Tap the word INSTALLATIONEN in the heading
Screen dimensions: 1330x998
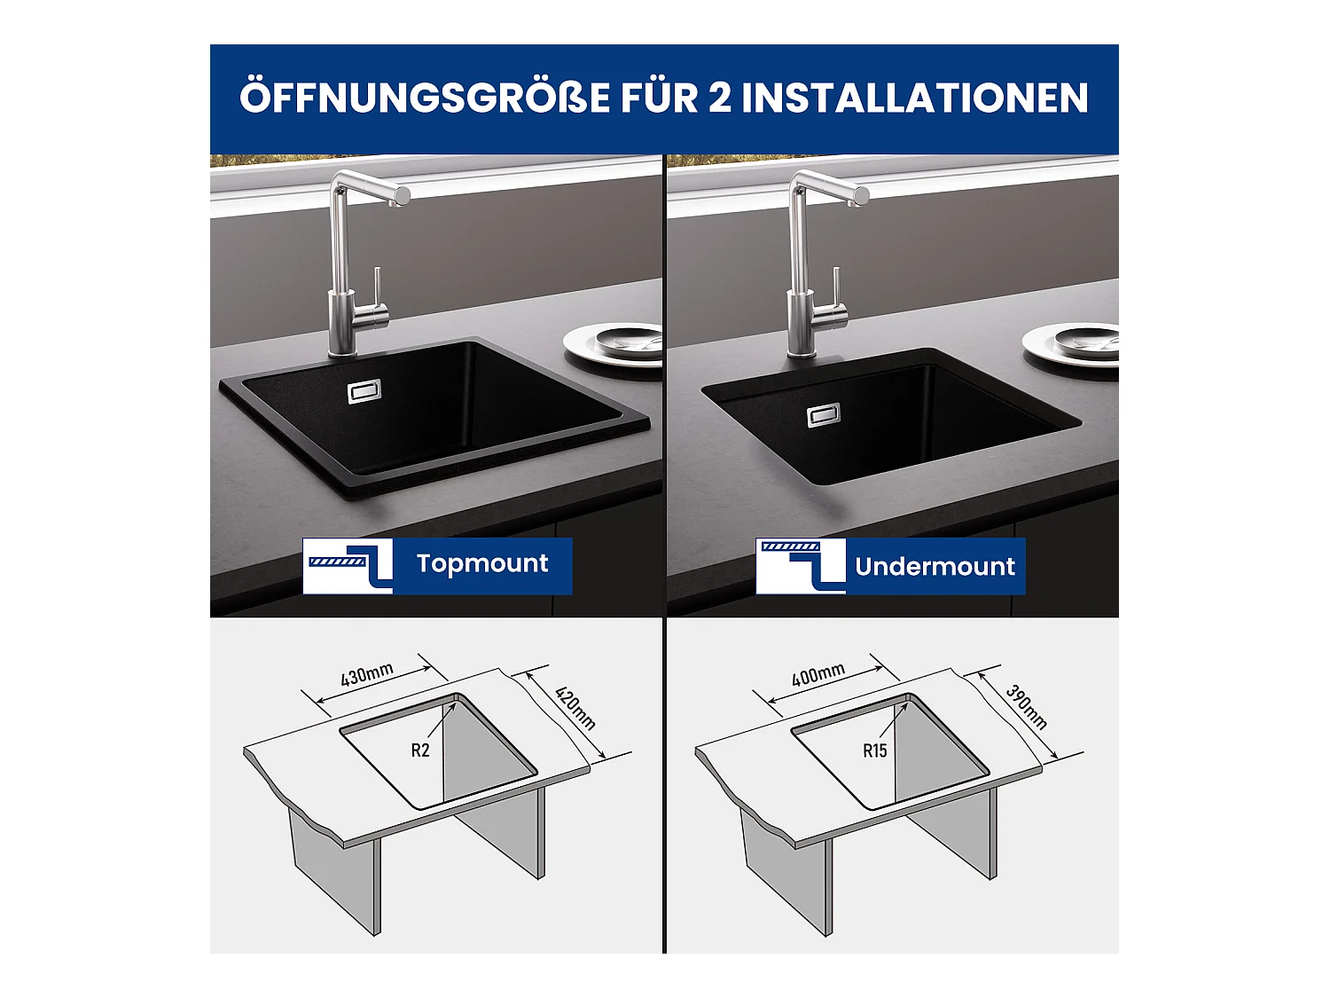pyautogui.click(x=915, y=98)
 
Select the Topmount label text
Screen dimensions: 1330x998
pyautogui.click(x=482, y=564)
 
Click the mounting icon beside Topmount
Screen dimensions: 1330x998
pyautogui.click(x=348, y=566)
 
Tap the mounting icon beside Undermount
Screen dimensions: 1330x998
pyautogui.click(x=801, y=566)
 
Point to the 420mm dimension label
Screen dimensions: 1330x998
pyautogui.click(x=575, y=708)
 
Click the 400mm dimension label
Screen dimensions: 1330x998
pyautogui.click(x=818, y=674)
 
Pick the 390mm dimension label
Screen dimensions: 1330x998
pyautogui.click(x=1027, y=707)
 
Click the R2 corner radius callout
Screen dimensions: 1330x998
pyautogui.click(x=420, y=750)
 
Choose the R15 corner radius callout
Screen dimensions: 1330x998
pyautogui.click(x=875, y=750)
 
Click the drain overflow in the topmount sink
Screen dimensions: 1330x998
pyautogui.click(x=364, y=391)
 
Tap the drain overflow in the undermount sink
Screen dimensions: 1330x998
pyautogui.click(x=824, y=415)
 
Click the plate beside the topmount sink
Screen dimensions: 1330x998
pyautogui.click(x=612, y=345)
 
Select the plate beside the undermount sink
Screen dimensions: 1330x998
pyautogui.click(x=1071, y=345)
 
